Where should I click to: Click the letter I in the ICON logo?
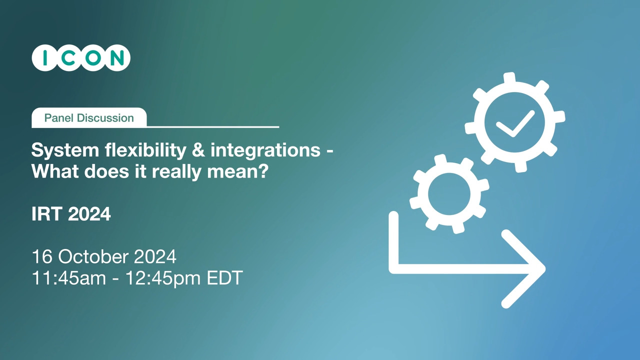tap(45, 57)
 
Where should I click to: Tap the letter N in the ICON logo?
tap(117, 57)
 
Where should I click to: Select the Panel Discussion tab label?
tap(89, 117)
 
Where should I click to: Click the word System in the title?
tap(65, 150)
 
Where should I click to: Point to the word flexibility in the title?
tap(145, 150)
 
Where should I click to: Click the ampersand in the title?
tap(198, 150)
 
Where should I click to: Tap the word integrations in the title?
tap(265, 150)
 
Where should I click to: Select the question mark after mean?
tap(263, 171)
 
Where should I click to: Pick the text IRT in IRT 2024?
tap(47, 213)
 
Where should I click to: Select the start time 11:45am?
tap(69, 277)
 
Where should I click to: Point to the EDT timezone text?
tap(225, 277)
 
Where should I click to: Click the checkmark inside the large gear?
tap(515, 124)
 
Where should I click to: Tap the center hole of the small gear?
tap(449, 194)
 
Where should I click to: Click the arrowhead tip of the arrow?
tap(545, 269)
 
